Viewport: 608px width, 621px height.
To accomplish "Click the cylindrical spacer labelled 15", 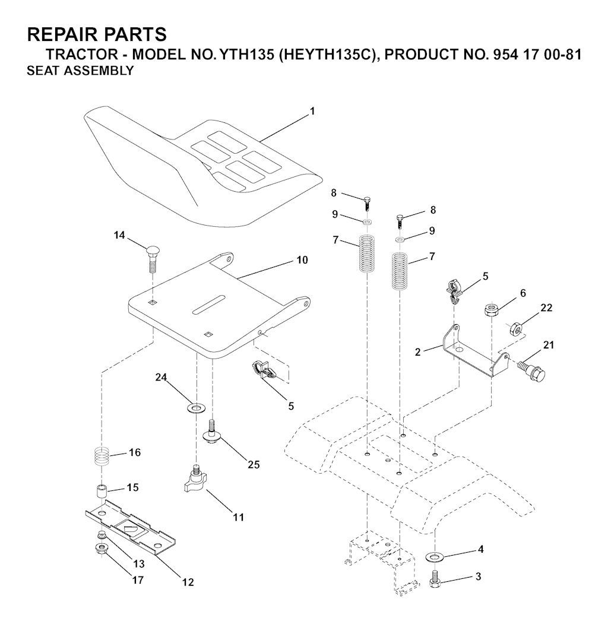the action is (102, 491).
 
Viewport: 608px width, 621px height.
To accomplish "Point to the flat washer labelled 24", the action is (196, 407).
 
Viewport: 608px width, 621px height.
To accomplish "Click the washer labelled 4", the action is (435, 557).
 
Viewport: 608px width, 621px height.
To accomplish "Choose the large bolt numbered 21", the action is (532, 367).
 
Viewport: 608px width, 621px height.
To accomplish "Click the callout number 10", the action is (302, 260).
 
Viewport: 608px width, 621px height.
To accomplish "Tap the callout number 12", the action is (188, 582).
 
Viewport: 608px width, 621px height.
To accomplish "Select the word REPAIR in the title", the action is (58, 34).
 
